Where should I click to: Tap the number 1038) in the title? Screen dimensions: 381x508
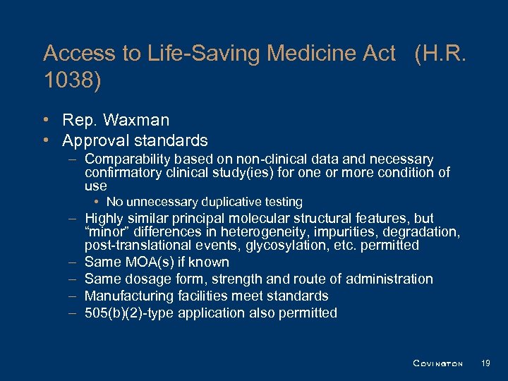click(72, 80)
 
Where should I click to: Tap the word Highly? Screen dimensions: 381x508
click(104, 219)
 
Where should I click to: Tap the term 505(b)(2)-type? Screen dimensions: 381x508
click(129, 313)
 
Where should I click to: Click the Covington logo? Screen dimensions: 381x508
click(437, 363)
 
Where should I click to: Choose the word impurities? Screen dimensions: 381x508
click(359, 232)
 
